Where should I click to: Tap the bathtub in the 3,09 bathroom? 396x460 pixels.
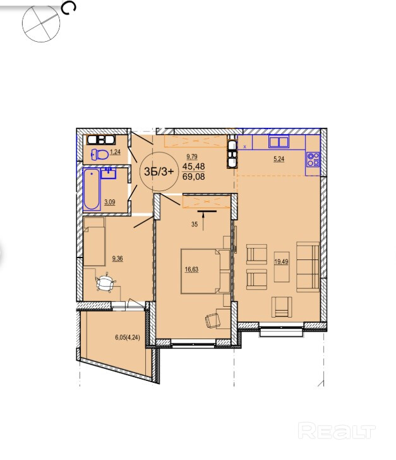[92, 189]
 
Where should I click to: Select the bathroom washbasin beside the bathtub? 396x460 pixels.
[109, 173]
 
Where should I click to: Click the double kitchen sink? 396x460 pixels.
[279, 142]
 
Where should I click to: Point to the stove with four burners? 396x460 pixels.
[313, 159]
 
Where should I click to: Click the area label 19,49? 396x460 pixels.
[281, 262]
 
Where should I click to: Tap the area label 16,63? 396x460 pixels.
[191, 270]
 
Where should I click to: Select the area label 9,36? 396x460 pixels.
[117, 258]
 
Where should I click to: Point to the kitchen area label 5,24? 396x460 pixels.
[279, 159]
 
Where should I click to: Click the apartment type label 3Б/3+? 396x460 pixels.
[159, 171]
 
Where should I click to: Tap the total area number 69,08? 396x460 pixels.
[194, 177]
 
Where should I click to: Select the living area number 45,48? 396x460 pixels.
[194, 166]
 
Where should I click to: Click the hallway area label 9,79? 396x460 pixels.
[192, 157]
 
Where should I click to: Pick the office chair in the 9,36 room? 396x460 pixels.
[105, 283]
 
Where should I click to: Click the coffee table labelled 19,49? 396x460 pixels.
[282, 266]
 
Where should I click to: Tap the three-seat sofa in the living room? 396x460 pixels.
[308, 266]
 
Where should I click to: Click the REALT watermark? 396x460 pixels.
[336, 431]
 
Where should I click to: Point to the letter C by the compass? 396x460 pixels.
[69, 8]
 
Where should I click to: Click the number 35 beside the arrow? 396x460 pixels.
[195, 225]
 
